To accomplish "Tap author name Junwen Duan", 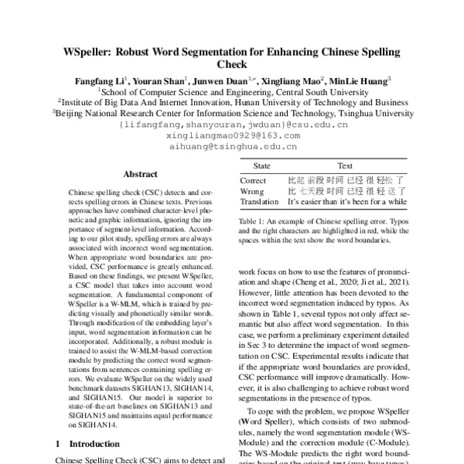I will point(220,80).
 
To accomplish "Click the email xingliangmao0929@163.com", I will point(231,135).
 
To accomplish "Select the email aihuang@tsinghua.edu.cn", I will point(231,145).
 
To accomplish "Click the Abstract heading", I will point(140,175).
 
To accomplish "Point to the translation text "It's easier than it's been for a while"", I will point(346,201).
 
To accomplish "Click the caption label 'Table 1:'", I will point(254,220).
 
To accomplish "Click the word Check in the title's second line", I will point(231,66).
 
